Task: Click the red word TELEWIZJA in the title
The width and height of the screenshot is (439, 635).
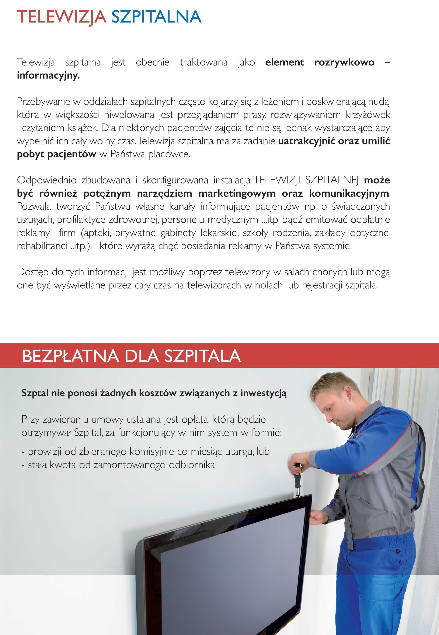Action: tap(61, 17)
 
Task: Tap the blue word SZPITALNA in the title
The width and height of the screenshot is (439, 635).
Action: tap(156, 17)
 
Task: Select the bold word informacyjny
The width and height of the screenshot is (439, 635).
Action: tap(48, 75)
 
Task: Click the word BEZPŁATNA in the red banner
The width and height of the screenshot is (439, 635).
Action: tap(70, 356)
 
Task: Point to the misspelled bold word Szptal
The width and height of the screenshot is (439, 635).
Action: tap(35, 393)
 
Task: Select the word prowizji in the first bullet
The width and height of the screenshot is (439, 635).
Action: tap(44, 452)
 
